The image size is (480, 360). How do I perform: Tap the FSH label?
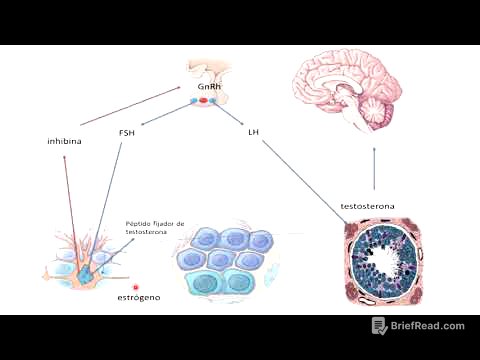click(x=127, y=132)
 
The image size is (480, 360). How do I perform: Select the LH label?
click(x=253, y=132)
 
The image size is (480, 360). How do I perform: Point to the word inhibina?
click(x=64, y=141)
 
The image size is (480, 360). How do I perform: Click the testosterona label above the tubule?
click(x=367, y=206)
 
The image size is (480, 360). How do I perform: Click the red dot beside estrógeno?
click(x=136, y=286)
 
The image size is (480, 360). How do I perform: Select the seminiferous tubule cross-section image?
click(x=383, y=262)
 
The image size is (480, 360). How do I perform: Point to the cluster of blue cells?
click(x=226, y=262)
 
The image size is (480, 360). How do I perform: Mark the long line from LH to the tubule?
click(x=300, y=180)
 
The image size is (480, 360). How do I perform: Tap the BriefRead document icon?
click(x=379, y=326)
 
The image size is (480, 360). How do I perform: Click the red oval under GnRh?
click(x=204, y=101)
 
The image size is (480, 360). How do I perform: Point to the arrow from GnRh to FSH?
click(x=167, y=115)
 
